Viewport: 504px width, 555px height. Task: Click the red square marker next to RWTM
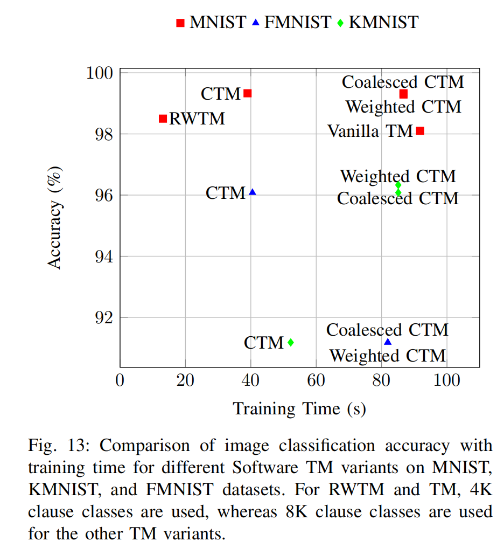click(x=163, y=119)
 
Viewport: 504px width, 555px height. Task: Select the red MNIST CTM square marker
click(x=248, y=93)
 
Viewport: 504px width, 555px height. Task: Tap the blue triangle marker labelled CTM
click(x=253, y=192)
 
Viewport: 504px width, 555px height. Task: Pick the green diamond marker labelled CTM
click(x=291, y=342)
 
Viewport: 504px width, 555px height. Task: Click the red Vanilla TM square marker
click(x=421, y=130)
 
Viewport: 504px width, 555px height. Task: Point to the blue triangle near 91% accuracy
click(x=388, y=342)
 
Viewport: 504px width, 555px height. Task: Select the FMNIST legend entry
click(x=292, y=23)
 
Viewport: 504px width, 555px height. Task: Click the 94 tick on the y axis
click(x=103, y=256)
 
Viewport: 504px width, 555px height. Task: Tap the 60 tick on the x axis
click(x=316, y=380)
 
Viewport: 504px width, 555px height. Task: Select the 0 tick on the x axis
click(x=120, y=380)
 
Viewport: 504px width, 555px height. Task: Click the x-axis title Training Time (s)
click(x=299, y=408)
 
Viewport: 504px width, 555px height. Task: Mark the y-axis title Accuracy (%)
click(x=55, y=217)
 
